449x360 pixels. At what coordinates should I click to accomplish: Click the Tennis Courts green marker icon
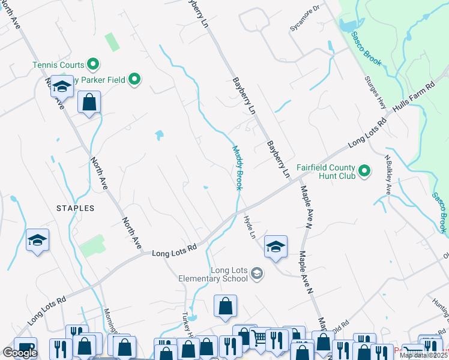click(x=93, y=63)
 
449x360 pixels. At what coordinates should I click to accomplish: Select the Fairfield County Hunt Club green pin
click(x=364, y=173)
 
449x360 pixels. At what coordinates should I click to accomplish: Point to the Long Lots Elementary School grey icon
click(x=257, y=274)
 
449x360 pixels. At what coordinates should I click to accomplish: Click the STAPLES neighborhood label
click(x=75, y=208)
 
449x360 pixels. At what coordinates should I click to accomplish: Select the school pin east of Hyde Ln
click(x=276, y=247)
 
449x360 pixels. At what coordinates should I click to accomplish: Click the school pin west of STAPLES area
click(x=38, y=240)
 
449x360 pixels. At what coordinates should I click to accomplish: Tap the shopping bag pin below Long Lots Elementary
click(x=225, y=305)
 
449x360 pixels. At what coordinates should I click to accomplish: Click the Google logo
click(x=20, y=353)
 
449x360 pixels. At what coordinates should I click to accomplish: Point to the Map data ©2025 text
click(x=423, y=355)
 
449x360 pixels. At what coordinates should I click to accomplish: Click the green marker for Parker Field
click(x=135, y=79)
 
